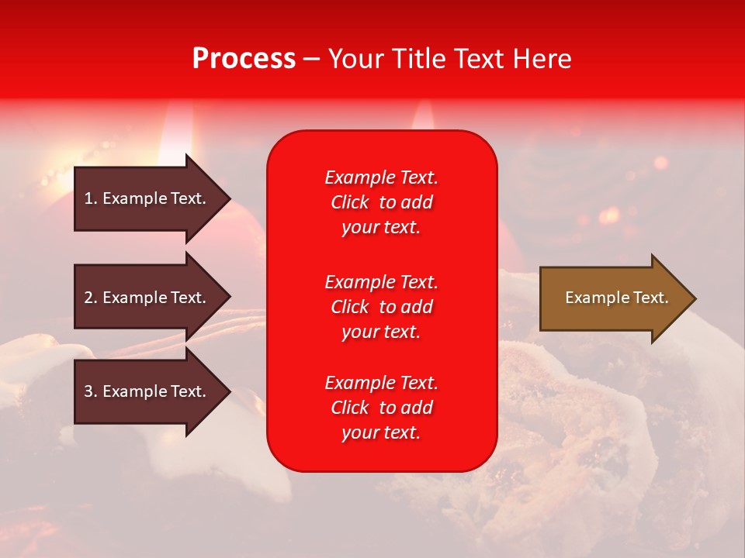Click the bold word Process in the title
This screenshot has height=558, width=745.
tap(244, 58)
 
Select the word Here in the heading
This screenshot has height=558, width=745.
tap(542, 58)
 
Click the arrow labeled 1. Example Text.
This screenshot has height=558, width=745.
tap(152, 198)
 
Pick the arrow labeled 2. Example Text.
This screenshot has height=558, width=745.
tap(152, 297)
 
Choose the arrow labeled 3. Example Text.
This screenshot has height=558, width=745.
tap(152, 391)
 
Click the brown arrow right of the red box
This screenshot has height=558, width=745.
tap(618, 298)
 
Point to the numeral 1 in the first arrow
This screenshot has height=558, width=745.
tap(88, 198)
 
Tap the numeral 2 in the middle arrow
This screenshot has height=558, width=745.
tap(88, 298)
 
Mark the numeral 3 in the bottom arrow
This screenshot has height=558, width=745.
tap(88, 391)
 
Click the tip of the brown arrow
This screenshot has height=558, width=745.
tap(696, 298)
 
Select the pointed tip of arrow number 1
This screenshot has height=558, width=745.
tap(230, 198)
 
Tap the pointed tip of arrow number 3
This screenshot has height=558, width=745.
tap(230, 391)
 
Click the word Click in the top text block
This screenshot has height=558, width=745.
tap(350, 202)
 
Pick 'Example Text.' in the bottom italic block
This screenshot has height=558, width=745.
tap(382, 382)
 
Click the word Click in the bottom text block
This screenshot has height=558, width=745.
tap(350, 407)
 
